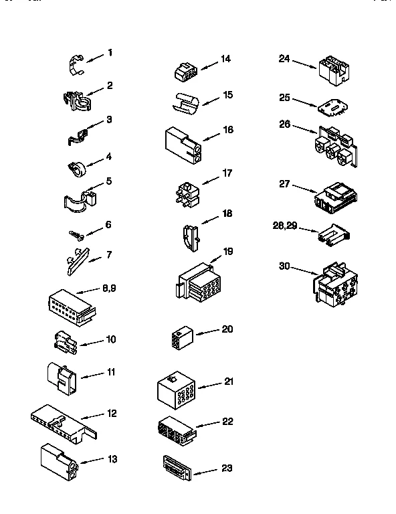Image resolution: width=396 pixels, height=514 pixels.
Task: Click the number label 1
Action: [x=110, y=53]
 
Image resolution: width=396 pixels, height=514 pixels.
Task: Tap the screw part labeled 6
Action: [x=75, y=234]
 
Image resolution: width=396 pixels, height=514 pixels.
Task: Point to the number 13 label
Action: [x=112, y=458]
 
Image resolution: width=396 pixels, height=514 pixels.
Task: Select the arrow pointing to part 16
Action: [x=212, y=135]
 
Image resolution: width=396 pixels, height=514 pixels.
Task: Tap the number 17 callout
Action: [x=227, y=173]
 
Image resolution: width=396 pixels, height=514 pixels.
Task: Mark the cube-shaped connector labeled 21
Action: [x=175, y=390]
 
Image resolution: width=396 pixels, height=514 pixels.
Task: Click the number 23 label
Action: [x=227, y=468]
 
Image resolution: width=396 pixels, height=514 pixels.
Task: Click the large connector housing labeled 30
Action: [x=334, y=288]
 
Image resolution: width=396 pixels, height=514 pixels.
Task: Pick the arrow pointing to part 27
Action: [x=304, y=188]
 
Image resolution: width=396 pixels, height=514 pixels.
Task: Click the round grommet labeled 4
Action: [x=78, y=167]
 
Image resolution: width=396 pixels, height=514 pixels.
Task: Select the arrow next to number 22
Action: [x=208, y=424]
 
